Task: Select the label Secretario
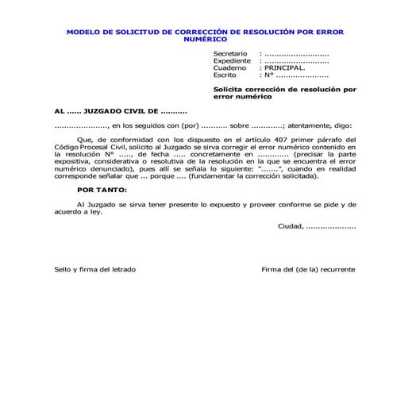click(x=231, y=53)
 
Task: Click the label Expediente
click(x=232, y=60)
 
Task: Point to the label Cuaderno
click(x=229, y=67)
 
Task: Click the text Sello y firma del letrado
click(x=94, y=269)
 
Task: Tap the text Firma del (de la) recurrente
click(x=308, y=269)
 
